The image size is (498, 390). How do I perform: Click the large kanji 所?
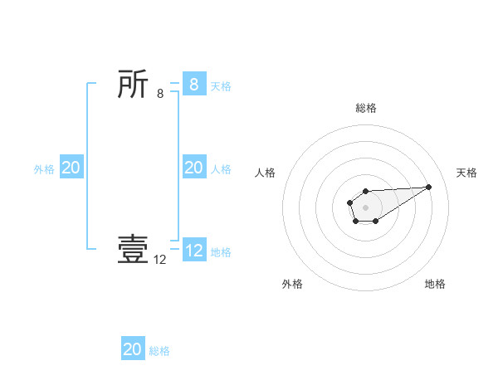[x=133, y=85]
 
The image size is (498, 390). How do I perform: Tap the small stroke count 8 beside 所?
[x=160, y=94]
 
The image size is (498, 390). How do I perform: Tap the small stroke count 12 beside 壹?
[x=160, y=260]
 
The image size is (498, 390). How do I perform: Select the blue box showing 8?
[x=194, y=85]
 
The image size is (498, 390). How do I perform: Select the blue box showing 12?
[x=194, y=251]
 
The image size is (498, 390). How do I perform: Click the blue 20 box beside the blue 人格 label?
[x=194, y=168]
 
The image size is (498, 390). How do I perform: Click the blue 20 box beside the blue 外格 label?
[x=71, y=168]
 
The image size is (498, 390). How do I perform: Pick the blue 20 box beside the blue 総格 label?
[x=133, y=349]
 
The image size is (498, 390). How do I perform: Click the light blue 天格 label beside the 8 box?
[x=221, y=85]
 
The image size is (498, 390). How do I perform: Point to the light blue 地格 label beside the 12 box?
[x=221, y=251]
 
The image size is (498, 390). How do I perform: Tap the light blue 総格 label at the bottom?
[x=159, y=350]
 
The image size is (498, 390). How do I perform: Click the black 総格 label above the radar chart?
[x=366, y=108]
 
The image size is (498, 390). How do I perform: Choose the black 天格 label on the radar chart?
[x=466, y=173]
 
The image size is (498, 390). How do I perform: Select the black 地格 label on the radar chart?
[x=435, y=284]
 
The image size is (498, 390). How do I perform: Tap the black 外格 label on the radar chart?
[x=292, y=284]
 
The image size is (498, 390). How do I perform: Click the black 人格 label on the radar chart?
[x=265, y=173]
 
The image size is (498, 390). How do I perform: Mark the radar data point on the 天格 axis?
[x=429, y=186]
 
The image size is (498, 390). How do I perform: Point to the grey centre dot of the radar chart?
[x=365, y=207]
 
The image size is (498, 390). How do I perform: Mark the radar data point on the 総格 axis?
[x=365, y=192]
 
